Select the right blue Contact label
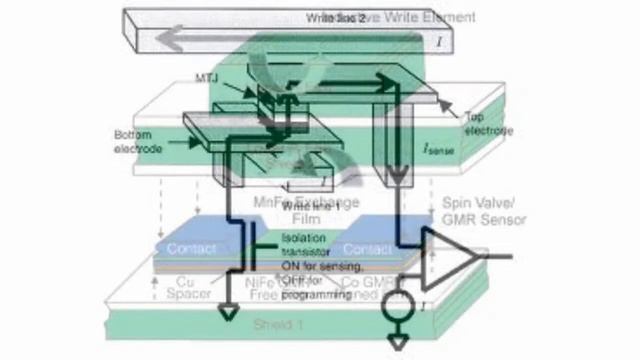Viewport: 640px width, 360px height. (x=368, y=247)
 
